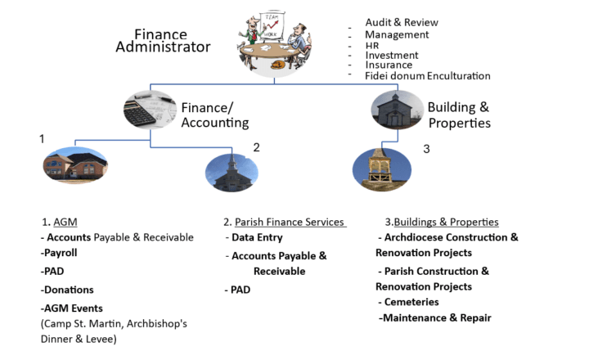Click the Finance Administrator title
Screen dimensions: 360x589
(172, 41)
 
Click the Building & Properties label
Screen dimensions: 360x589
(458, 115)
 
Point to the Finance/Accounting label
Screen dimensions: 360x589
(214, 115)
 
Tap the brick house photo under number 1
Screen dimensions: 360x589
(74, 166)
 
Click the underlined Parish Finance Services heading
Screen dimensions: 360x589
(289, 222)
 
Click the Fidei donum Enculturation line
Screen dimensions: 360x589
(427, 75)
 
